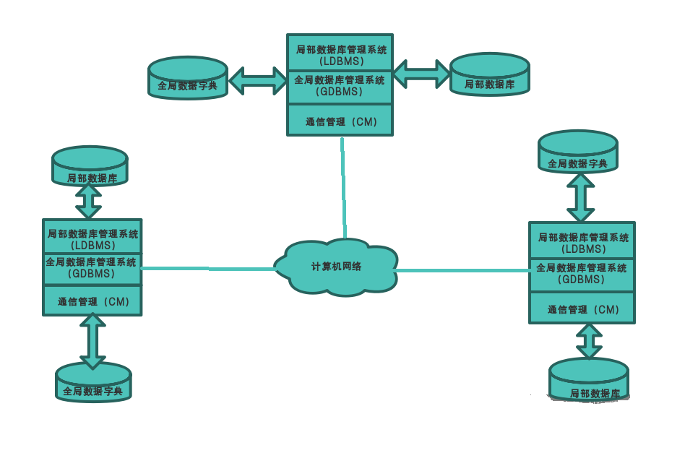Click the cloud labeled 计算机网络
point(336,266)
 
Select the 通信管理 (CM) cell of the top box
point(340,121)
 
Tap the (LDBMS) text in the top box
point(340,61)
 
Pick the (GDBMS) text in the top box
point(340,92)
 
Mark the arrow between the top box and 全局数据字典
point(257,79)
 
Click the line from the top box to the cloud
point(343,188)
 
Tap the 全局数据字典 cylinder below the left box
point(93,383)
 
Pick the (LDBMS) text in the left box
point(92,246)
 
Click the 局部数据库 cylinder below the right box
point(589,380)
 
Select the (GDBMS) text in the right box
point(582,280)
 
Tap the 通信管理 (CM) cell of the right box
point(582,309)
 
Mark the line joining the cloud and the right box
point(462,271)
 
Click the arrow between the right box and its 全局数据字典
point(580,197)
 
